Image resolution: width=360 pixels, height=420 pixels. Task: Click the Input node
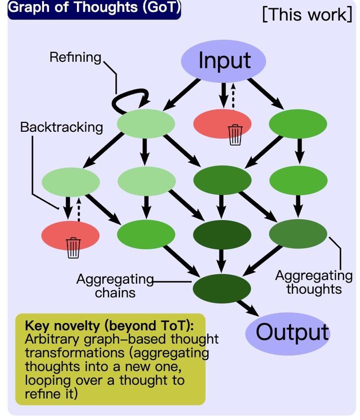pos(223,60)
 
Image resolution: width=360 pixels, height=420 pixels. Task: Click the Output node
pos(292,332)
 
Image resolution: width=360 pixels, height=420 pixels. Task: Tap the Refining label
pos(75,57)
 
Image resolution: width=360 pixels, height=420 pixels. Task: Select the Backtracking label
pos(61,127)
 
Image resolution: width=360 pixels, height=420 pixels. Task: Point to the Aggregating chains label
pos(114,285)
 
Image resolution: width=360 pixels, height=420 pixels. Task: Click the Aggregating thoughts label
pos(313,282)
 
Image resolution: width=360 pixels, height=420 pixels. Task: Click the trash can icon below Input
pos(235,134)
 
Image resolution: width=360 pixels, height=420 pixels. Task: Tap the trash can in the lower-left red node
pos(73,247)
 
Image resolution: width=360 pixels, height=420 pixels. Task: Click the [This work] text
pos(307,14)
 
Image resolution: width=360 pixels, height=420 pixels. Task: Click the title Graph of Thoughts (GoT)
pos(93,8)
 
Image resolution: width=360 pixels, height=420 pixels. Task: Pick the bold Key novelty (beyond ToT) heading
pos(109,326)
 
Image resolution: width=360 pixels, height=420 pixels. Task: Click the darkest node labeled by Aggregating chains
pos(221,287)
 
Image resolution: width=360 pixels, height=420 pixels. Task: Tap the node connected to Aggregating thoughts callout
pos(298,233)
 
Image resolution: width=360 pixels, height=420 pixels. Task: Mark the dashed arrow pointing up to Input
pos(233,95)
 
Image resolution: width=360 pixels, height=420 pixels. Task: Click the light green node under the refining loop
pos(145,123)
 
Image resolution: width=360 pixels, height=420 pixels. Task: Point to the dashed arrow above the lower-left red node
pos(78,210)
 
